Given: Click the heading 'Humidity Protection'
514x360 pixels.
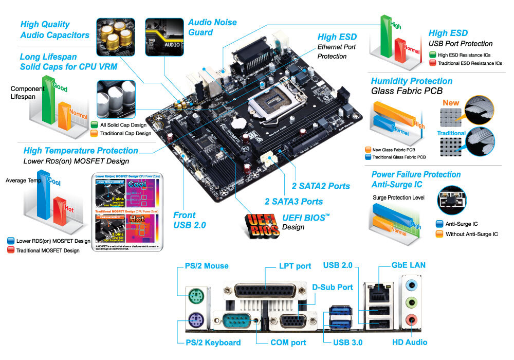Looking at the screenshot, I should pyautogui.click(x=411, y=81).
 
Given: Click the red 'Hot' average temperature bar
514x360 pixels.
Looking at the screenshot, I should pyautogui.click(x=61, y=210).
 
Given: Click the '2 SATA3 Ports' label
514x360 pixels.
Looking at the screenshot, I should pyautogui.click(x=293, y=201).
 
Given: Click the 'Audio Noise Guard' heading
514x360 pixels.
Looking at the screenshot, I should pyautogui.click(x=212, y=27).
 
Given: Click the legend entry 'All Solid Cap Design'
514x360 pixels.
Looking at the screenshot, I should pyautogui.click(x=123, y=125).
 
